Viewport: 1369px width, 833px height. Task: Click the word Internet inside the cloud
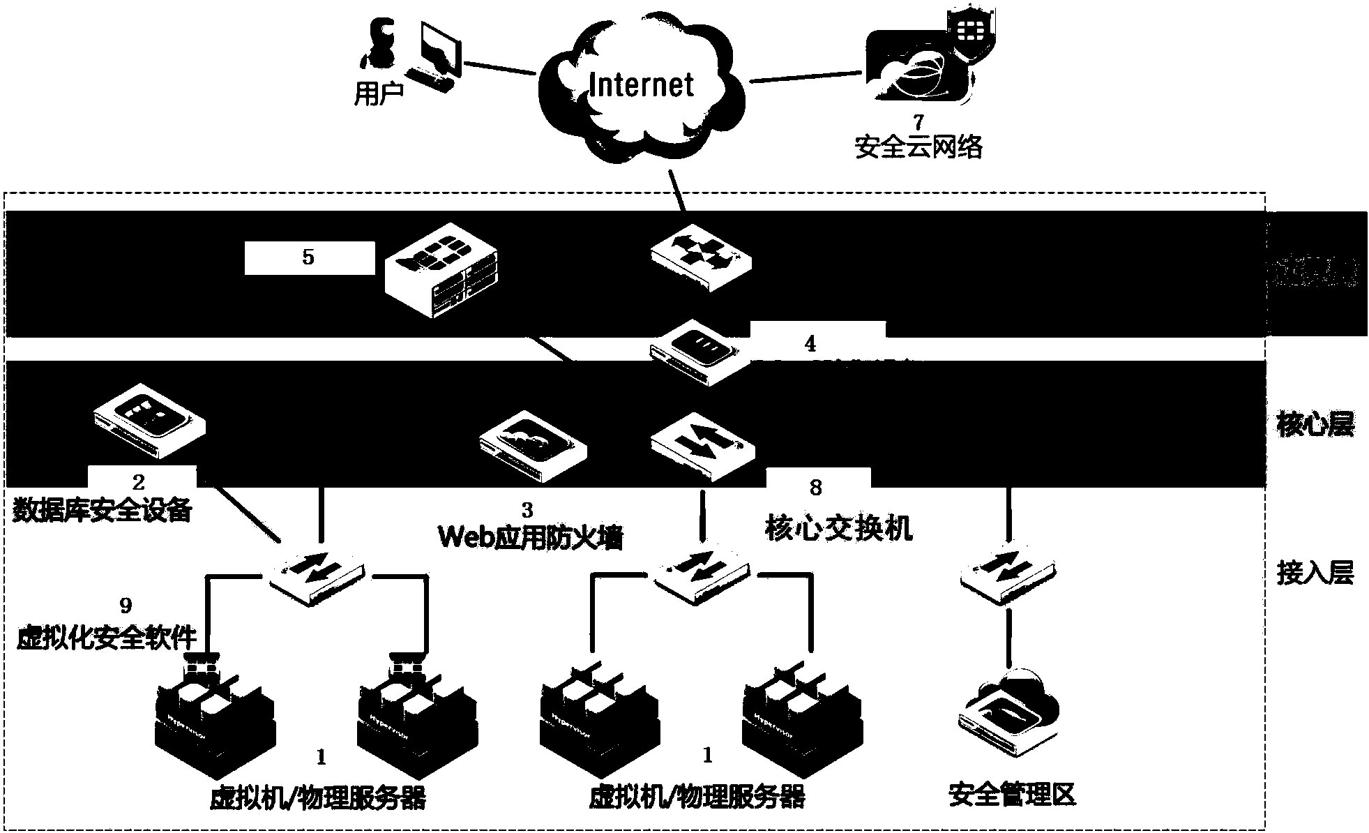(x=641, y=85)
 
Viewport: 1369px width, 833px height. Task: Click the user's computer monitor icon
(x=439, y=49)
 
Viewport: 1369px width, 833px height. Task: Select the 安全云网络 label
(x=918, y=147)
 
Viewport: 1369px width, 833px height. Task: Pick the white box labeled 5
(x=309, y=257)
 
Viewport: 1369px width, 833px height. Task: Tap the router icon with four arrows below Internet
(x=701, y=257)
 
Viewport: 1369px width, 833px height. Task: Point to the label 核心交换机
(x=839, y=528)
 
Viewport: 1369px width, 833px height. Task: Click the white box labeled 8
(x=817, y=486)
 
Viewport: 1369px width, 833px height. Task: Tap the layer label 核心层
(x=1315, y=424)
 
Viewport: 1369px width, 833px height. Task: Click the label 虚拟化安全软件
(x=106, y=636)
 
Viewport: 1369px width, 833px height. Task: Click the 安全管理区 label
(x=1012, y=794)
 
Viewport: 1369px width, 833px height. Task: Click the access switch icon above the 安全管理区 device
(x=1008, y=574)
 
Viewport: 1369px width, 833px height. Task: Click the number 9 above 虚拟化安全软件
(x=126, y=604)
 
